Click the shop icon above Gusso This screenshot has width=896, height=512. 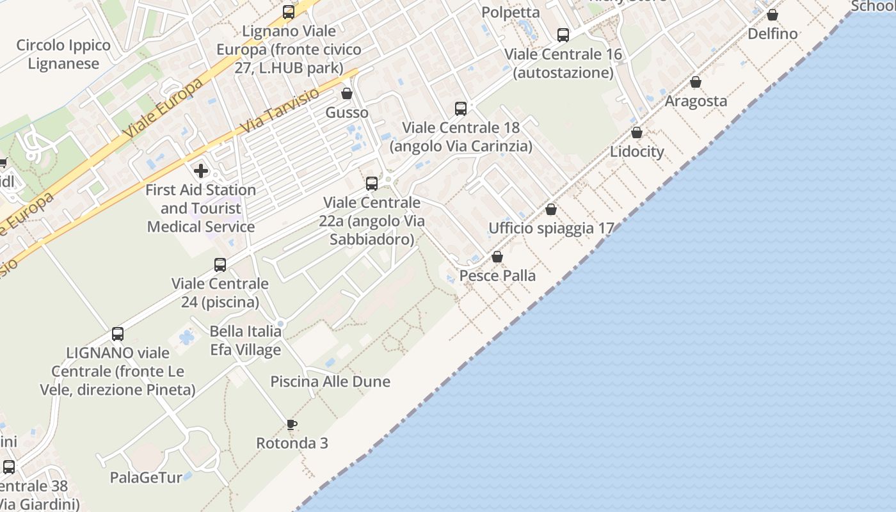pos(347,94)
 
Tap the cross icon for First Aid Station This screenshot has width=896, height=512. pos(201,171)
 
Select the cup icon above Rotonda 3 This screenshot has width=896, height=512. pos(292,424)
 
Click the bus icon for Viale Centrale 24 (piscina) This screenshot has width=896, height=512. pos(220,264)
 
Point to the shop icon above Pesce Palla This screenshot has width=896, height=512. pos(497,257)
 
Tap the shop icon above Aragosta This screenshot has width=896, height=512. pos(696,82)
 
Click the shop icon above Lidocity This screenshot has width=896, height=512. pos(637,132)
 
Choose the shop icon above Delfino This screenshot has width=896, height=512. pos(772,15)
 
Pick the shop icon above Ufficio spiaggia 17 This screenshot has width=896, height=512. pos(551,209)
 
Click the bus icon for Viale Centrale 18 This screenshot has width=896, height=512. pos(461,108)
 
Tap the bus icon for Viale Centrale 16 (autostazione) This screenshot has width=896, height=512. pos(563,35)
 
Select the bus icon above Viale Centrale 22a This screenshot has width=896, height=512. pos(372,184)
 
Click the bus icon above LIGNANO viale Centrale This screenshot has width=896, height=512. pos(118,333)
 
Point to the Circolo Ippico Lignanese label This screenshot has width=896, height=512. pos(63,54)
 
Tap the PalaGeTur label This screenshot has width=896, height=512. pos(146,477)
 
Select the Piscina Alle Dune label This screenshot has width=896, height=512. pos(330,381)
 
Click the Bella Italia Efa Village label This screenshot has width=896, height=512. pos(246,340)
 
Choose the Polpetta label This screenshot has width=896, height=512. pos(511,12)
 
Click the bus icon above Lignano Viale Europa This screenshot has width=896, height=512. pos(289,12)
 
